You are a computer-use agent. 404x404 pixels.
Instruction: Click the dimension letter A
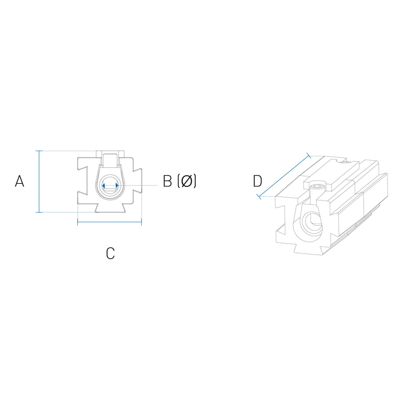pos(20,181)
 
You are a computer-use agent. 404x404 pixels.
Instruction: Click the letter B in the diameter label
pos(167,181)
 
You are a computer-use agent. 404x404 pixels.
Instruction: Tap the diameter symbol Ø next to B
pos(187,181)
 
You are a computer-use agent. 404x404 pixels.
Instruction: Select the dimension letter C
pos(110,253)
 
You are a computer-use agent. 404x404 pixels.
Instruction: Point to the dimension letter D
pos(257,181)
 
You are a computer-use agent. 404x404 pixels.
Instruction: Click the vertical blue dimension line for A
pos(39,181)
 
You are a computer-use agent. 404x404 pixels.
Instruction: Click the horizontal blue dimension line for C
pos(110,222)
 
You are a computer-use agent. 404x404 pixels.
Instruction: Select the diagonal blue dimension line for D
pos(284,176)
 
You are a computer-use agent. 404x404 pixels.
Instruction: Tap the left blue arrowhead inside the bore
pos(103,185)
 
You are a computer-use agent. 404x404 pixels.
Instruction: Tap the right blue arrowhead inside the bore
pos(117,185)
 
